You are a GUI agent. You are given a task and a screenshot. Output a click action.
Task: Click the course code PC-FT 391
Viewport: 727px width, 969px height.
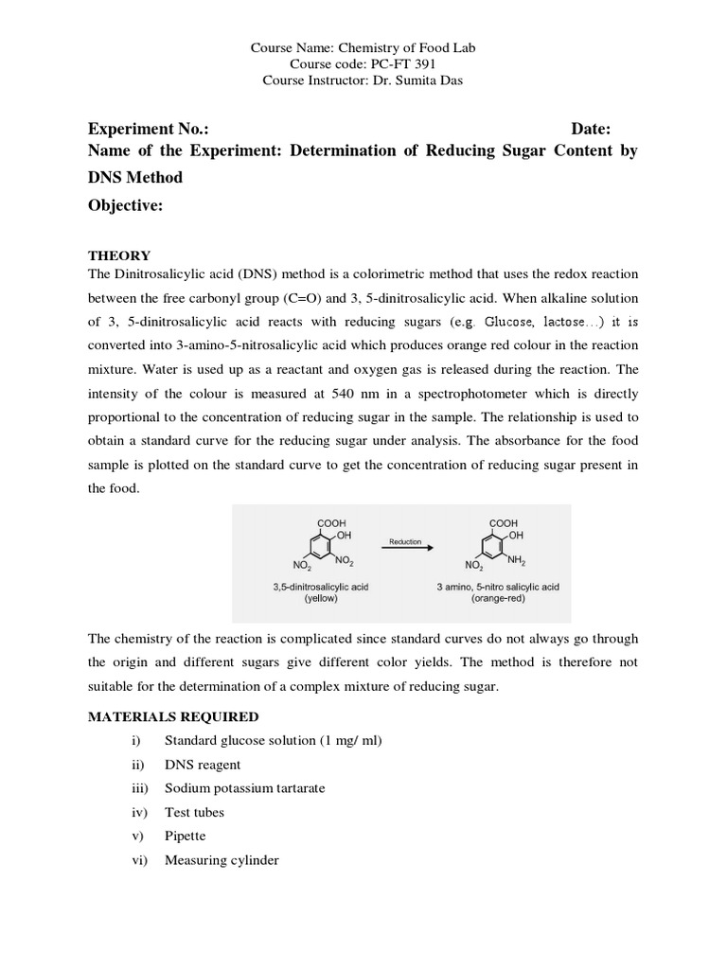tap(398, 64)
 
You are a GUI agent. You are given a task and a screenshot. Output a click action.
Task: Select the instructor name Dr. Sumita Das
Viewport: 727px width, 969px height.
tap(417, 80)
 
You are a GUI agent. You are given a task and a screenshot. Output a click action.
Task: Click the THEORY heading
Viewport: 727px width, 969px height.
tap(119, 255)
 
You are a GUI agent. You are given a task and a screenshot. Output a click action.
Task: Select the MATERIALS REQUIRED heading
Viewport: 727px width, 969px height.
tap(173, 717)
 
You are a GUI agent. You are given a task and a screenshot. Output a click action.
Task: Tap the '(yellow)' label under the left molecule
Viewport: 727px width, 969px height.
tap(321, 599)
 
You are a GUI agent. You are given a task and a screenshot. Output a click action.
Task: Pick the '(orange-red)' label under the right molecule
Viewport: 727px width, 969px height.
tap(498, 599)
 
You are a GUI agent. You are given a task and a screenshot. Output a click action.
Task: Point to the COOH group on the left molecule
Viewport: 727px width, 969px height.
tap(330, 522)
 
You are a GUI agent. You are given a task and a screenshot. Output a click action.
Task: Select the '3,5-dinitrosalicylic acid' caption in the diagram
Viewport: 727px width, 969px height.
tap(321, 587)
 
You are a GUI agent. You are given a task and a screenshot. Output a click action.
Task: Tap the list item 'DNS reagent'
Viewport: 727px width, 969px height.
tap(203, 765)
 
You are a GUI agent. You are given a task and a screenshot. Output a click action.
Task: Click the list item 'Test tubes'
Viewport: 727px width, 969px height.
tap(194, 812)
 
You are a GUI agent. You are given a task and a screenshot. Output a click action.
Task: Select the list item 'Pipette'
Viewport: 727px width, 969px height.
tap(185, 837)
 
